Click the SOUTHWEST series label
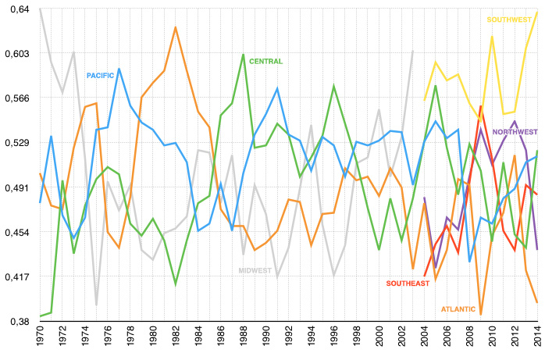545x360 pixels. (510, 20)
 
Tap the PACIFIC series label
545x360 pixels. (100, 75)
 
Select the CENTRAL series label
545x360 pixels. (265, 61)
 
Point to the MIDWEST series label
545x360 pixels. (255, 270)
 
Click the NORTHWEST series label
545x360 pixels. (515, 132)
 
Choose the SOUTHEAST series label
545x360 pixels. (408, 283)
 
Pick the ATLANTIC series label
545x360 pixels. (458, 309)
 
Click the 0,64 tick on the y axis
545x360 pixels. (17, 9)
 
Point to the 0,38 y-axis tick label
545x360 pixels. (17, 321)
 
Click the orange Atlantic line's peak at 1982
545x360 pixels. (176, 27)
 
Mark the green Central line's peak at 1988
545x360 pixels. (244, 55)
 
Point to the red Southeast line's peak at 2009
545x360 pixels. (481, 105)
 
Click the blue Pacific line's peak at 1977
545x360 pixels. (119, 69)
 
